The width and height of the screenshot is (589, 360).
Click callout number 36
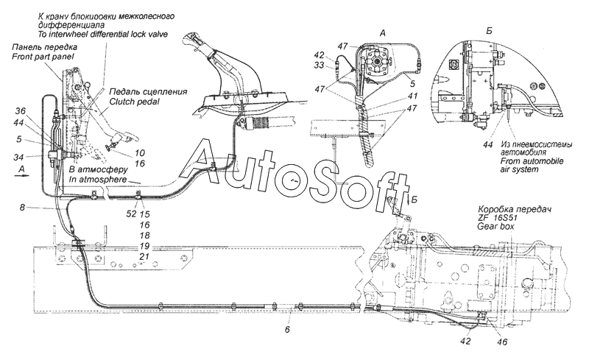21,111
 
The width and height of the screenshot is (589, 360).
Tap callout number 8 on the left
23,207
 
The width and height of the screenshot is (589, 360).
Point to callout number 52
132,214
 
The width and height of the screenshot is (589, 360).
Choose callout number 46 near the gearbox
502,342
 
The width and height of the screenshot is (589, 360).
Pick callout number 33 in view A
319,66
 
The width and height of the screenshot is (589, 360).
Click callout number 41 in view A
412,96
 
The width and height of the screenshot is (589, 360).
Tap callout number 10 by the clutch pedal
140,153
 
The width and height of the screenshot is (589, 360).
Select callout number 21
144,257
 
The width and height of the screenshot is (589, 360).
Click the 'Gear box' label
495,227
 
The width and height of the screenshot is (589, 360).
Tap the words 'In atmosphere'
98,180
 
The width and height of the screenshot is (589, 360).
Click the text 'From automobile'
532,161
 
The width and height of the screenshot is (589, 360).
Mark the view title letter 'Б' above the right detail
489,31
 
